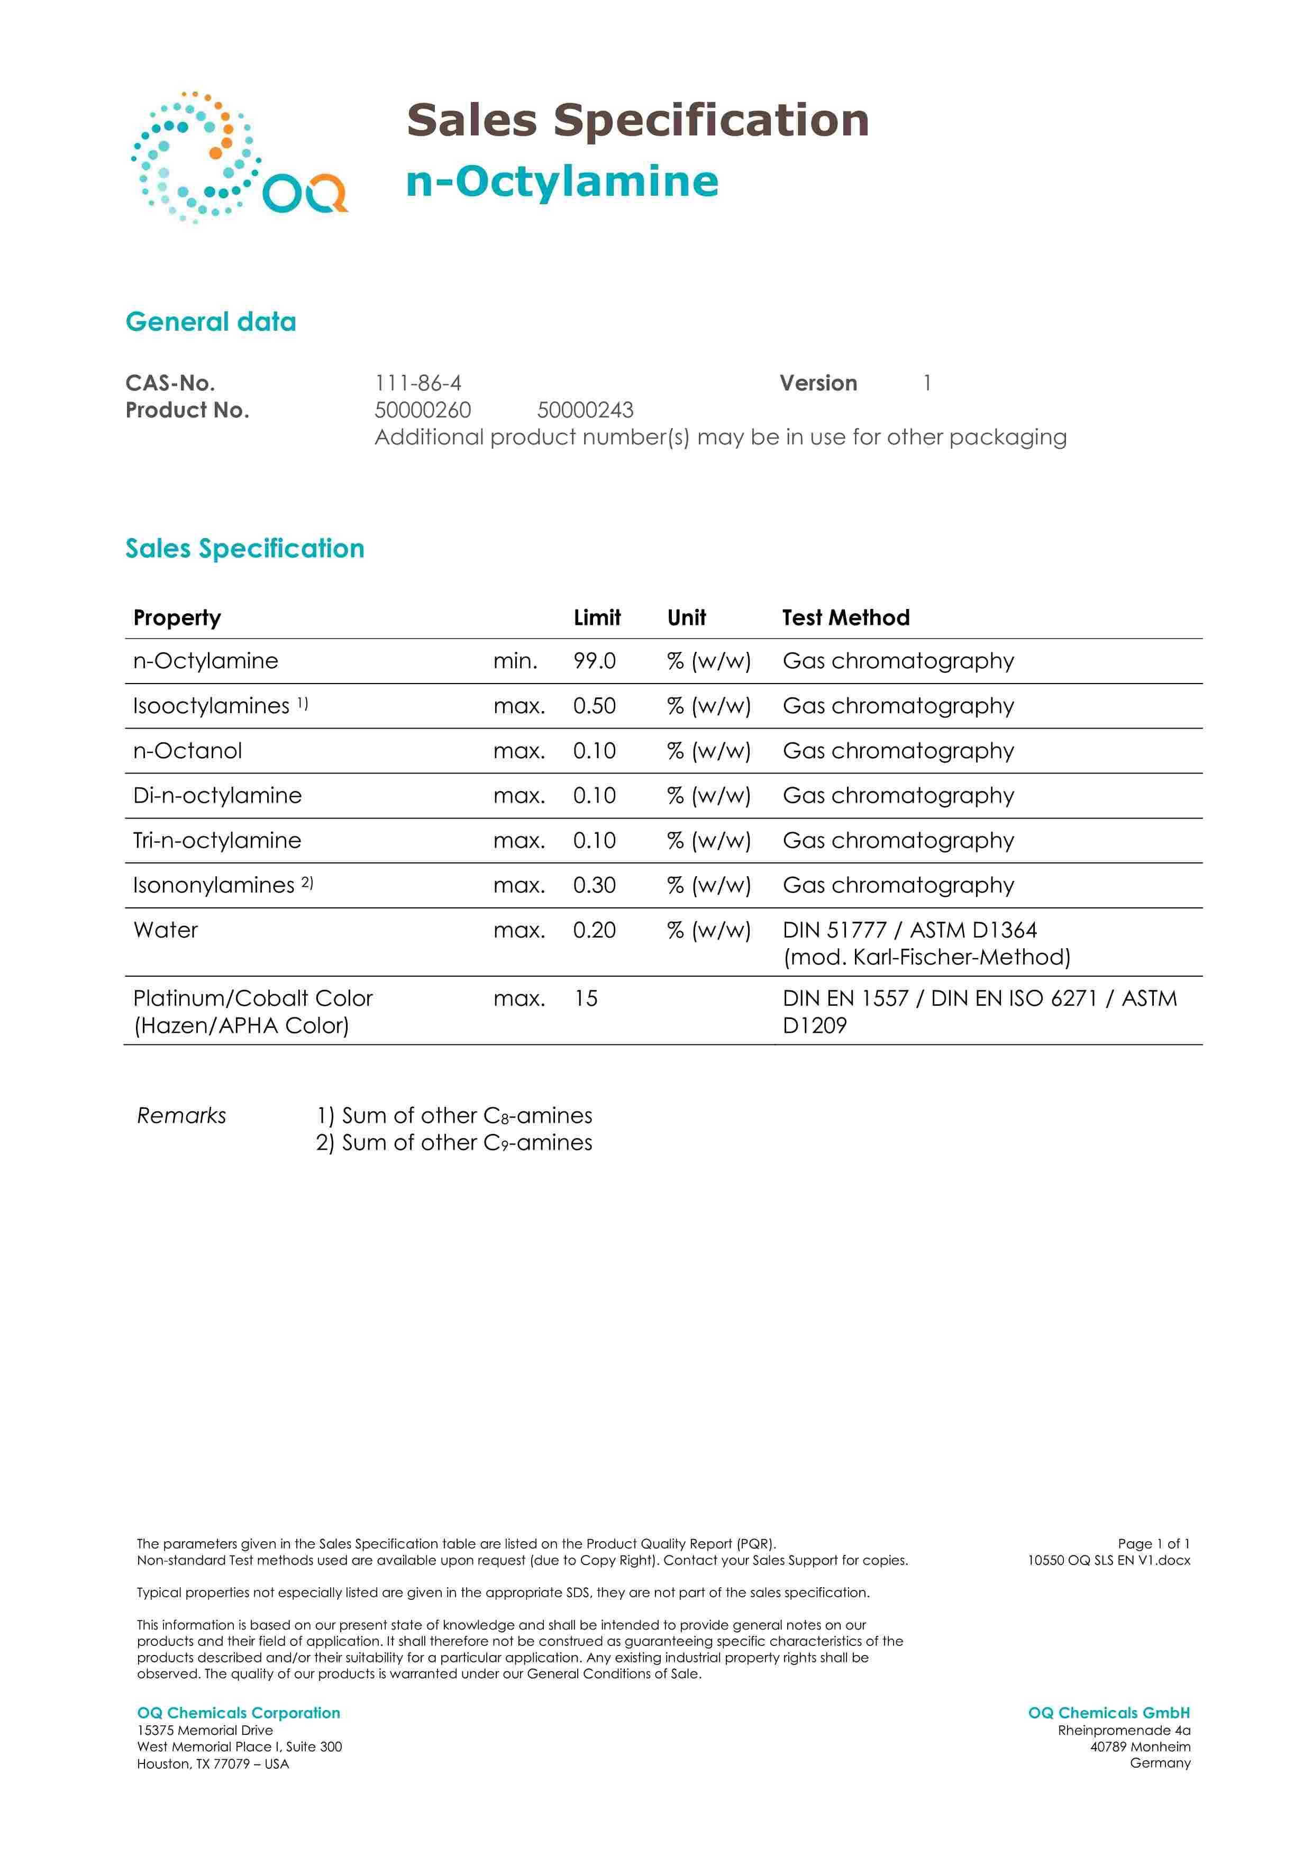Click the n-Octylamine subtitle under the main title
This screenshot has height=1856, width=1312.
click(562, 181)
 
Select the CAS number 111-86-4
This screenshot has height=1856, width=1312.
click(418, 383)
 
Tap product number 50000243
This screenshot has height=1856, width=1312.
click(585, 411)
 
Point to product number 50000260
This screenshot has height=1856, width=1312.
click(423, 411)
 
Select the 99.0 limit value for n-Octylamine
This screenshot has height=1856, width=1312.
click(594, 661)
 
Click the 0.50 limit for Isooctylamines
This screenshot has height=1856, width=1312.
click(594, 706)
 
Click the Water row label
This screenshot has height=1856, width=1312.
click(166, 931)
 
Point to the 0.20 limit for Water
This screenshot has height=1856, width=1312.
click(594, 931)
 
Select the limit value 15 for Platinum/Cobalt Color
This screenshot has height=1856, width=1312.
click(586, 999)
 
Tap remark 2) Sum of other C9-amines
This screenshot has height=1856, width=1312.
click(454, 1143)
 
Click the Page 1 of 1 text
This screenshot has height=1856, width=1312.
click(1154, 1543)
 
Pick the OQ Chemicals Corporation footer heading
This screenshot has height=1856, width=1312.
click(239, 1713)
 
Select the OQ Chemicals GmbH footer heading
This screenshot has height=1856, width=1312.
click(1108, 1713)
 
